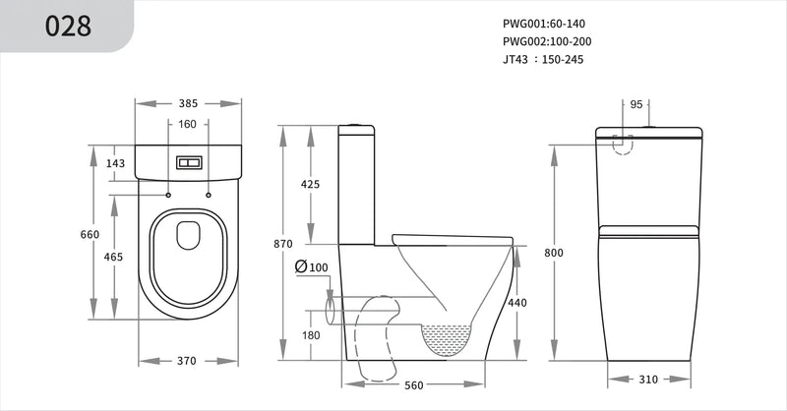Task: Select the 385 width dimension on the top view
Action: (x=189, y=102)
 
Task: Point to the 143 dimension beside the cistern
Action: (x=116, y=163)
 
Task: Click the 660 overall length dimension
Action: (x=90, y=234)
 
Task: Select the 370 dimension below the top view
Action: (x=188, y=361)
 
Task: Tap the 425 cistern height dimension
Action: (x=310, y=184)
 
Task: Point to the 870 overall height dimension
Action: (x=282, y=243)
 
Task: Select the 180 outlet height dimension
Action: (x=310, y=336)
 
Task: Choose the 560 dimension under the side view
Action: (x=414, y=385)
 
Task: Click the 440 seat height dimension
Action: (x=517, y=304)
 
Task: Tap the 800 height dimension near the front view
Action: (x=554, y=253)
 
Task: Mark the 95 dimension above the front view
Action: (x=636, y=103)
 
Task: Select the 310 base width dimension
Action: (x=647, y=379)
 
